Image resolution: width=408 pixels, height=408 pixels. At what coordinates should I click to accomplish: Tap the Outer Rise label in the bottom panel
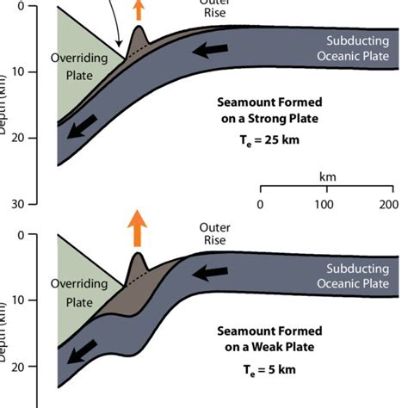214,233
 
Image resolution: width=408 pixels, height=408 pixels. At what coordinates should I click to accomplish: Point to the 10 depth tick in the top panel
34,71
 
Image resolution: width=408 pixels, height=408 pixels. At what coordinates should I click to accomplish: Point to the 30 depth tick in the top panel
34,204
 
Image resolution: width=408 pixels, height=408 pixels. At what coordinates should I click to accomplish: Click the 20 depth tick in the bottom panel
34,367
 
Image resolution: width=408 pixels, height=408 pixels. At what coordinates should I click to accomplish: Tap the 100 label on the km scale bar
324,204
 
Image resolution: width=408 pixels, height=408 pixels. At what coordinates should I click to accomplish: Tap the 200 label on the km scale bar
388,204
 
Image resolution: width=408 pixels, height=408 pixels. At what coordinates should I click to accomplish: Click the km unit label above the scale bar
327,176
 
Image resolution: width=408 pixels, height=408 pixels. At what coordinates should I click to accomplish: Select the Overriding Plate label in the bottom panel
79,292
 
